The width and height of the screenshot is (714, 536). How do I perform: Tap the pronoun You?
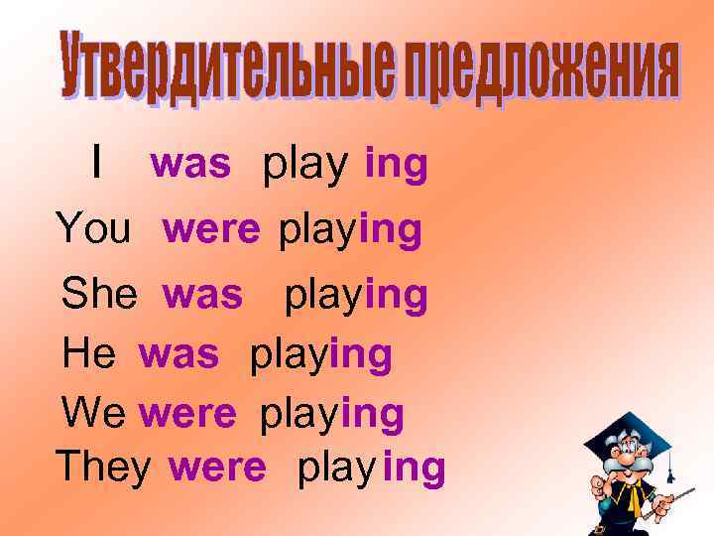point(93,229)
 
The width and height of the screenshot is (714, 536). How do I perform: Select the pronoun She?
point(99,295)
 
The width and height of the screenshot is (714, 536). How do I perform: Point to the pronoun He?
point(89,353)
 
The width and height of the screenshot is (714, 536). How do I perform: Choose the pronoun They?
point(103,467)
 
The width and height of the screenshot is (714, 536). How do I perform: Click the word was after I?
point(190,165)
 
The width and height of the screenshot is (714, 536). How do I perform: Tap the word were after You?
point(211,230)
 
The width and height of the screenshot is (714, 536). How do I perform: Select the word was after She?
point(202,295)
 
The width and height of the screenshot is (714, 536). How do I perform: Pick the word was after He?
point(178,354)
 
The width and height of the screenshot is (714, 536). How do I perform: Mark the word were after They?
point(217,468)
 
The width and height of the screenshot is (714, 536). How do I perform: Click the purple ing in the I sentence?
point(396,167)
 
